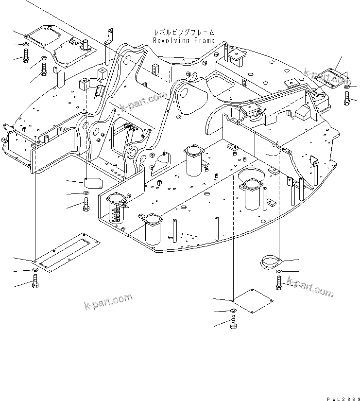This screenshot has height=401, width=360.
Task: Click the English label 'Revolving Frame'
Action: pyautogui.click(x=184, y=41)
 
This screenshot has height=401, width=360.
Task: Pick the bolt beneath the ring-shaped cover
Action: pyautogui.click(x=279, y=283)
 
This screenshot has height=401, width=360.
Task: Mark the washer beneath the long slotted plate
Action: pyautogui.click(x=35, y=270)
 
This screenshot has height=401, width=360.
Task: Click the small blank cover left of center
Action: pyautogui.click(x=93, y=182)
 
